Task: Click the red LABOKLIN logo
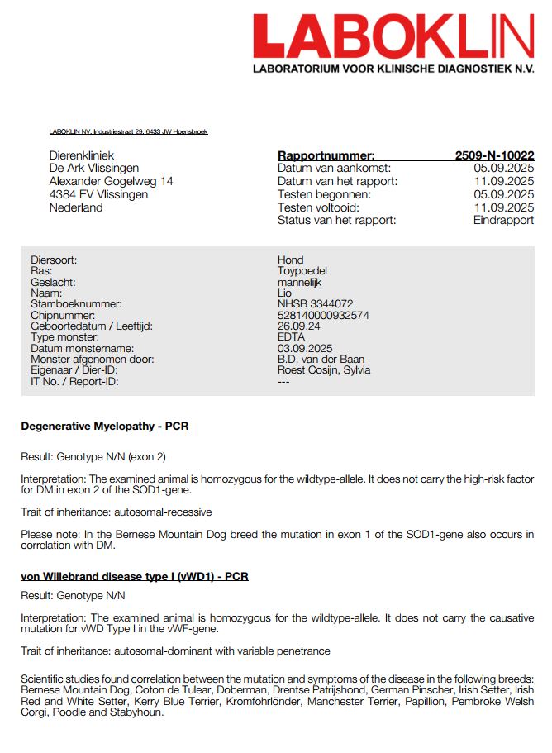pos(393,36)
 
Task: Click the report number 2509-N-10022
pos(494,155)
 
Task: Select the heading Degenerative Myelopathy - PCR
pos(105,427)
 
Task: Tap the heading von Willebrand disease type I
pos(135,576)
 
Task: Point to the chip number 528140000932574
pos(323,316)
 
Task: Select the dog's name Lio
pos(284,293)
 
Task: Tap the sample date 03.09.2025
pos(305,349)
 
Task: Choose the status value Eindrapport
pos(503,221)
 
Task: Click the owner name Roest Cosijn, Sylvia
pos(324,370)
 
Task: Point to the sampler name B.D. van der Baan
pos(321,360)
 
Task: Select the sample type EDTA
pos(291,337)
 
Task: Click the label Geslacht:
pos(53,282)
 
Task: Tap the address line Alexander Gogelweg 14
pos(112,181)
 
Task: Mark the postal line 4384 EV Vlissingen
pos(99,194)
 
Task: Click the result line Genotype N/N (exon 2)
pos(97,457)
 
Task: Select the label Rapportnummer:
pos(326,155)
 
